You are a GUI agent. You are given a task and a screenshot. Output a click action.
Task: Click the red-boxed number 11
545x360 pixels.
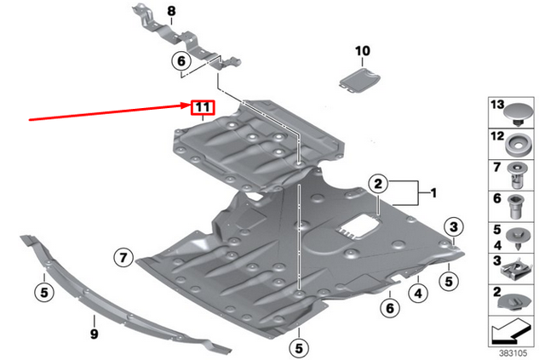tap(202, 107)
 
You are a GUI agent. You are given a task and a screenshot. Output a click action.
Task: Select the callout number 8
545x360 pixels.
tap(170, 11)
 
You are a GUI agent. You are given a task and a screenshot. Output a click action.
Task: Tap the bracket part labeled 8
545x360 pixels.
tap(183, 43)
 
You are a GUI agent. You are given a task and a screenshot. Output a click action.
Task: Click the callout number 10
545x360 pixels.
tap(364, 52)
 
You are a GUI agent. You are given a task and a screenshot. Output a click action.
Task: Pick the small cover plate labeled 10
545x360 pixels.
tap(358, 80)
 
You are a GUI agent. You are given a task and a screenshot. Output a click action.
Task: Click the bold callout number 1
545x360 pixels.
tap(433, 194)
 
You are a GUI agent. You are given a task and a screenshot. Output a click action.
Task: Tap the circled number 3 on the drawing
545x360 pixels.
tap(455, 226)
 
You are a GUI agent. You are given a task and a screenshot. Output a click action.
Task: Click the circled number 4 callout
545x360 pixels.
tap(418, 294)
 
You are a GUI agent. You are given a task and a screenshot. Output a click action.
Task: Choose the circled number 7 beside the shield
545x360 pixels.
tap(123, 255)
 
